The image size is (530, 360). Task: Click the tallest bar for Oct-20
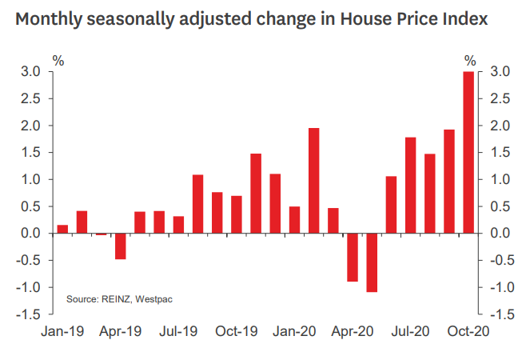(468, 152)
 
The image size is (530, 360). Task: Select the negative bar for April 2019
(120, 246)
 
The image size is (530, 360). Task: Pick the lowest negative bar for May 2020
(372, 262)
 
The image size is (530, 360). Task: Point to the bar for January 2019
(62, 230)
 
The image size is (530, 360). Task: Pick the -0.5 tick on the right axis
(500, 261)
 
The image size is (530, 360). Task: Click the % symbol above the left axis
(58, 60)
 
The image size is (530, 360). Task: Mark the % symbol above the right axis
(470, 60)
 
